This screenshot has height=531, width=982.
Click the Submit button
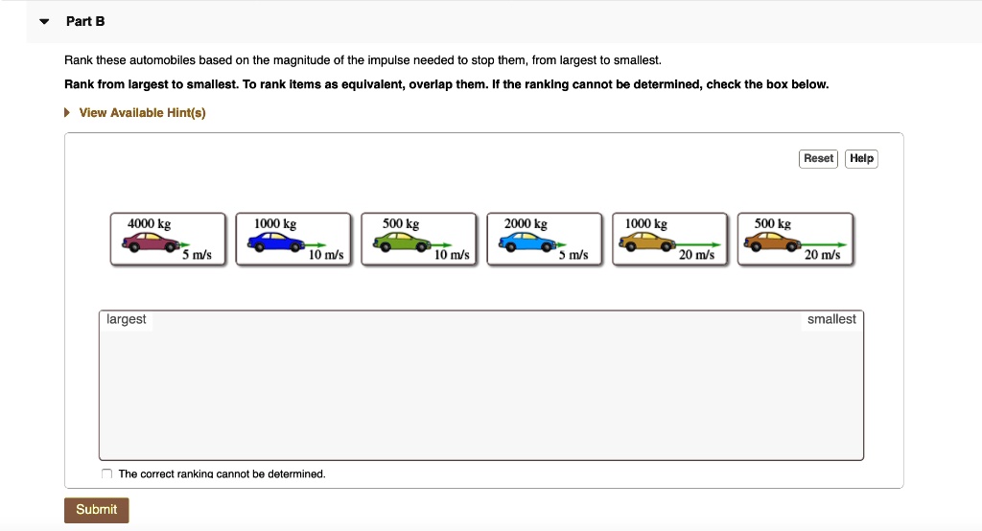[96, 510]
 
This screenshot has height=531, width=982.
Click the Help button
[861, 158]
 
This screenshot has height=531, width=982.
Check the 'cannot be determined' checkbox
[107, 473]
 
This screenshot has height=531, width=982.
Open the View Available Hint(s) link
[142, 113]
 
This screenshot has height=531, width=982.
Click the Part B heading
[85, 21]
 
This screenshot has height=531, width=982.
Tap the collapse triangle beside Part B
[43, 21]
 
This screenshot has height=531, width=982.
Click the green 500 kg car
[401, 244]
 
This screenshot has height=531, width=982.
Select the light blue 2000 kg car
[525, 244]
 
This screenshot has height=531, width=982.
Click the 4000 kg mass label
[149, 224]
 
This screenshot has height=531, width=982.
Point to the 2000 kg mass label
[526, 224]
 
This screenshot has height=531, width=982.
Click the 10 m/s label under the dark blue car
[326, 256]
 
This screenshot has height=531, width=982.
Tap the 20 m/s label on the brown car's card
[823, 256]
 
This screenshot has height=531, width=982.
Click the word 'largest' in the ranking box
[127, 319]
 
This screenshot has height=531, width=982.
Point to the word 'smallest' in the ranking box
[831, 319]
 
